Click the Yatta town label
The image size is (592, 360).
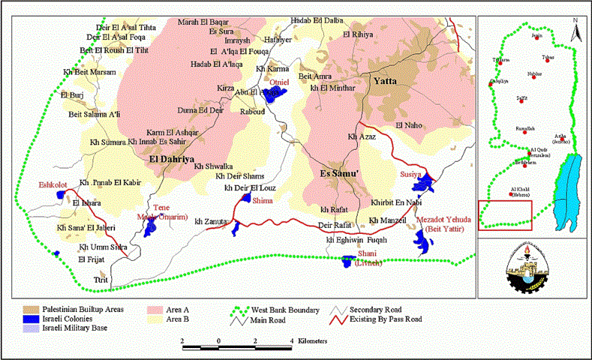pyautogui.click(x=386, y=80)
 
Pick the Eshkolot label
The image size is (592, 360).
pyautogui.click(x=53, y=184)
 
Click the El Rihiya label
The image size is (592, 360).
pyautogui.click(x=357, y=34)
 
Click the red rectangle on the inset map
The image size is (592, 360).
pyautogui.click(x=506, y=213)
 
